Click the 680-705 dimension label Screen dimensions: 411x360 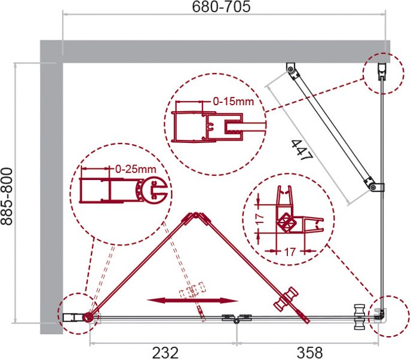221,7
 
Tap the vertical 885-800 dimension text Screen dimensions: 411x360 7,197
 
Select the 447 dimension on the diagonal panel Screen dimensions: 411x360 302,150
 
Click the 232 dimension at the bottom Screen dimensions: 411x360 165,353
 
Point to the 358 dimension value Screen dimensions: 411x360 309,353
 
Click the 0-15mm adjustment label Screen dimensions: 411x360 234,101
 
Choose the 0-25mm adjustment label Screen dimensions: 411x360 136,169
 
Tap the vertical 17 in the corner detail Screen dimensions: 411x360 259,219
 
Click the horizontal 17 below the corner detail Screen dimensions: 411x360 289,252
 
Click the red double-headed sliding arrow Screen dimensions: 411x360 192,300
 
